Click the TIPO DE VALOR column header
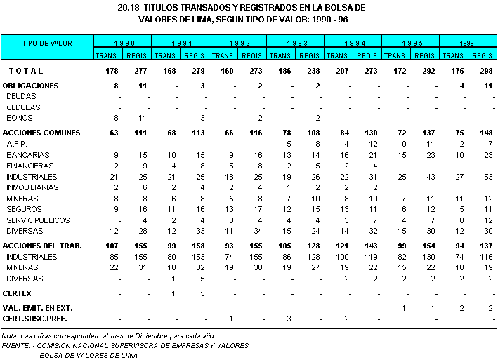47,44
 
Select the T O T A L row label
27,71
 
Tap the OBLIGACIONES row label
30,86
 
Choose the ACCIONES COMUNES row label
41,133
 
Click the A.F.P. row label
16,143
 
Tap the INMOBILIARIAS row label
30,187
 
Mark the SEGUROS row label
22,209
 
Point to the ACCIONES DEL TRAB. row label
42,246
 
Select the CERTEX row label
17,293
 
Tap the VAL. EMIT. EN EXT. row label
38,309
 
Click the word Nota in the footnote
10,337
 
